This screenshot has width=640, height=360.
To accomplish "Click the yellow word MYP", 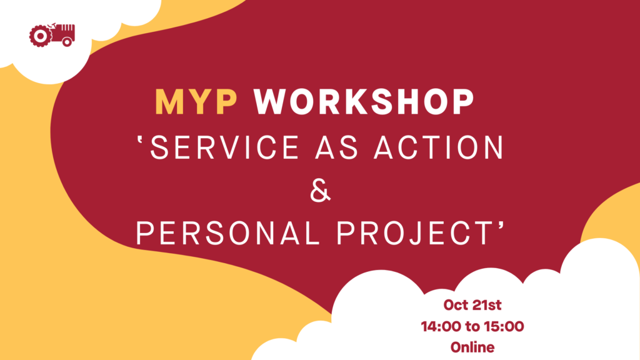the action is coord(196,102).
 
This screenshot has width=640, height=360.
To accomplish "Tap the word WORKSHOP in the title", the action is coord(364,102).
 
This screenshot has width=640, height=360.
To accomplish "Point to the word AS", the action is coord(336,147).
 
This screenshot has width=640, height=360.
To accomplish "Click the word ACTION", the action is coord(439,147).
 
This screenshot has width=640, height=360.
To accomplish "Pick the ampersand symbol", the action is coord(320,190).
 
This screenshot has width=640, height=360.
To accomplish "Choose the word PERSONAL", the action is coord(227,234).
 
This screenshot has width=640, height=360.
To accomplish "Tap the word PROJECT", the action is coord(414,234).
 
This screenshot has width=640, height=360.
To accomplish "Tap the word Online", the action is coord(472,347).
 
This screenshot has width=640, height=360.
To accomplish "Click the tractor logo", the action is coord(52,35).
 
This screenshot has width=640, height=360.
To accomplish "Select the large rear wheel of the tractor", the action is coord(41,36).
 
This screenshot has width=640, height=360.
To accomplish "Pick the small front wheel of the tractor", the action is coord(67,42).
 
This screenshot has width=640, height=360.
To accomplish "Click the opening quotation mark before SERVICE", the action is coord(141,141).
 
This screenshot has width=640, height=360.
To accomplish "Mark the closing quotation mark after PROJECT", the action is coord(501,227).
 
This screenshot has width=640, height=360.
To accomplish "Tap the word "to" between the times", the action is coord(472,327).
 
